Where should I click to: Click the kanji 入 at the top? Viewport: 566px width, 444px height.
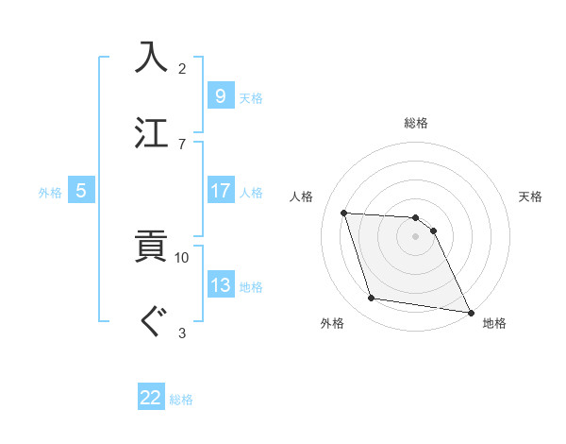(x=154, y=57)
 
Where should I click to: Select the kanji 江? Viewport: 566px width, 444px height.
(x=154, y=132)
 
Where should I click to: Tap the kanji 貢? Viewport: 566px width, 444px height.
(x=154, y=247)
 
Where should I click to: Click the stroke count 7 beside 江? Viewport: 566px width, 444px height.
(x=182, y=144)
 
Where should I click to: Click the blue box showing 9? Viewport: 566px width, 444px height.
(x=220, y=95)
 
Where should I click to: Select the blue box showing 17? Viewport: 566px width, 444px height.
(x=220, y=191)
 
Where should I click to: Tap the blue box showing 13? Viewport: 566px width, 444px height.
(x=220, y=285)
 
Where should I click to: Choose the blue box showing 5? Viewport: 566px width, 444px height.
(x=81, y=191)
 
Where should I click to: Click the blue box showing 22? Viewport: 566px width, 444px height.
(x=151, y=398)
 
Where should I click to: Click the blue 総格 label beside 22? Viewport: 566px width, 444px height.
(x=181, y=400)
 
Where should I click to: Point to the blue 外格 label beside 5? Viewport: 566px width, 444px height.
(x=50, y=192)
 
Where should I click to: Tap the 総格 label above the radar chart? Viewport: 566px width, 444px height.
(x=415, y=123)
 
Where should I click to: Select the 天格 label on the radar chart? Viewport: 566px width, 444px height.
(x=530, y=196)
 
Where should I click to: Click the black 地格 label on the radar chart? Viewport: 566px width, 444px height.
(x=494, y=323)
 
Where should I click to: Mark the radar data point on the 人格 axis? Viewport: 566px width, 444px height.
(x=344, y=213)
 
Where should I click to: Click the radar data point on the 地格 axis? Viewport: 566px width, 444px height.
(x=469, y=312)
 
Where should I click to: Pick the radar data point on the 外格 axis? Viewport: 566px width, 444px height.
(x=372, y=299)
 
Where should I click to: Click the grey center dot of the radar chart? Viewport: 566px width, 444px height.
(x=415, y=236)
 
